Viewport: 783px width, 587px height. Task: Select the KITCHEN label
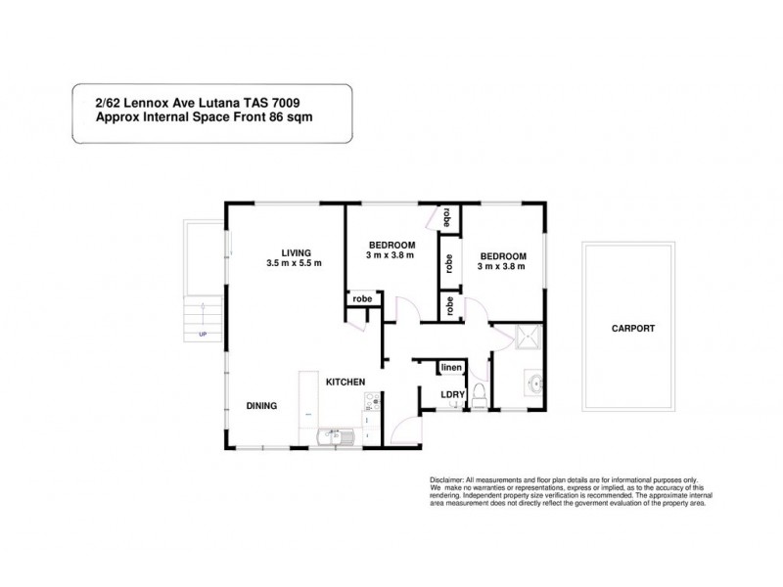pos(345,382)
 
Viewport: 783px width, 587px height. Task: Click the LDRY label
pos(451,395)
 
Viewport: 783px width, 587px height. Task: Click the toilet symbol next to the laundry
pos(479,394)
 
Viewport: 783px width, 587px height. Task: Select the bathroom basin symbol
pos(536,384)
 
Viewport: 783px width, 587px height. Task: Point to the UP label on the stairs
pos(203,334)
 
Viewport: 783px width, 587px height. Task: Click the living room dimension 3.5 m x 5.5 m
pos(294,264)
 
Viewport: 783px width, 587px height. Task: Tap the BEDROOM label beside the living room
pos(392,244)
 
